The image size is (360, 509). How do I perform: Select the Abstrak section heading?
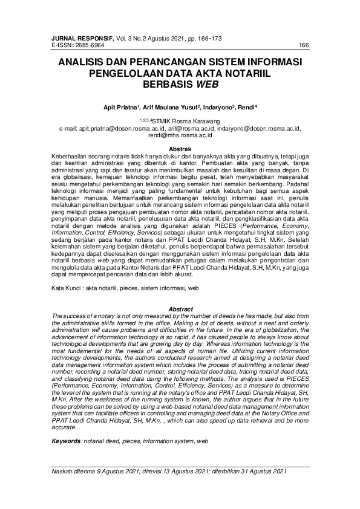point(180,149)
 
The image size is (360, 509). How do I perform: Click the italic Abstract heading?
point(180,309)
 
